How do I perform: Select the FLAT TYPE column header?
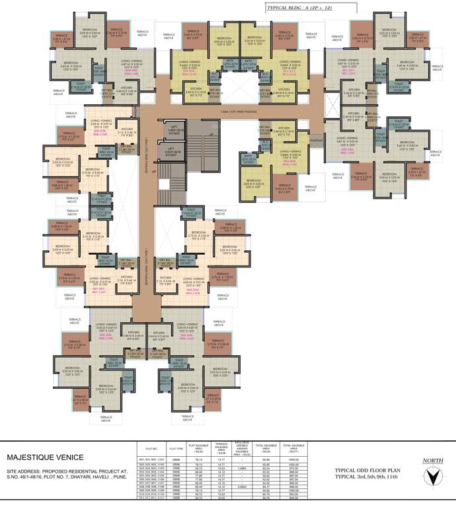[x=176, y=446]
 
